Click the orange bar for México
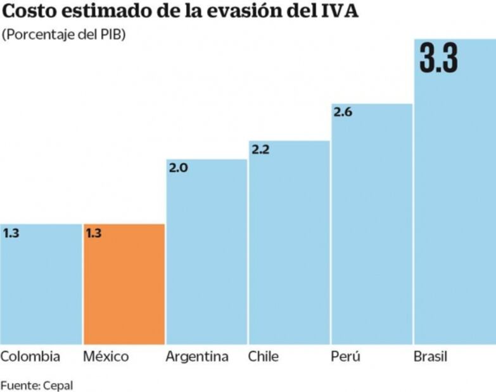coord(124,285)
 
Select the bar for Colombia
coord(41,285)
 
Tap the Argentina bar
coord(207,253)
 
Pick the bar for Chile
coord(289,243)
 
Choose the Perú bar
coord(372,224)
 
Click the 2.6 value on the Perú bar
coord(342,113)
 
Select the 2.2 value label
coord(260,150)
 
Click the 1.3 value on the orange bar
coord(94,233)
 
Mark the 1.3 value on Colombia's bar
coord(11,233)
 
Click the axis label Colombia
coord(30,357)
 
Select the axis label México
coord(106,357)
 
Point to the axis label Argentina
coord(197,357)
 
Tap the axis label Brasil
coord(430,357)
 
